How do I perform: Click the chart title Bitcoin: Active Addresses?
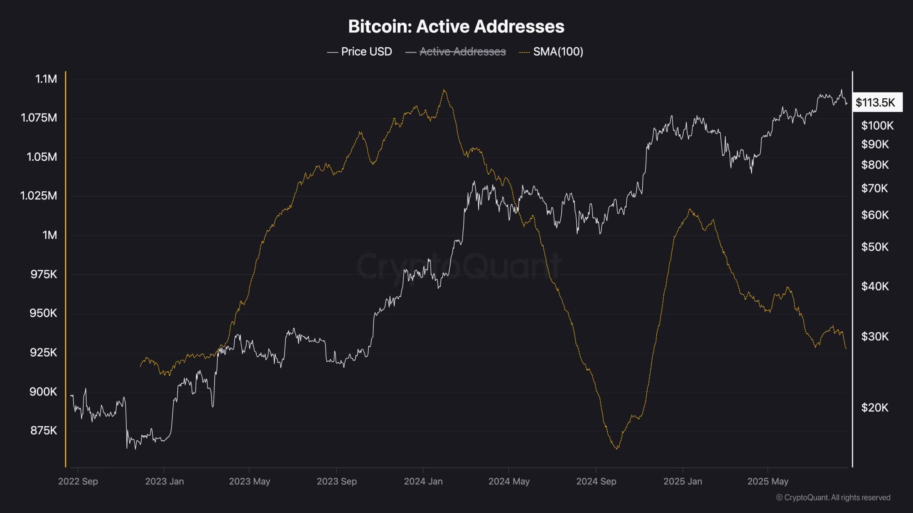456,26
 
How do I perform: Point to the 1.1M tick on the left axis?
46,79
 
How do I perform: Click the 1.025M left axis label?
39,196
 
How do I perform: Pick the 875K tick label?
44,430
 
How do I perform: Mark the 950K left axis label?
44,313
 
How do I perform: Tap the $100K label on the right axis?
877,125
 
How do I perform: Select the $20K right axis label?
874,408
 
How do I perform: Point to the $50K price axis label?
874,247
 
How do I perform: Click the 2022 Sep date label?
78,481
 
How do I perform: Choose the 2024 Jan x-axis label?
423,481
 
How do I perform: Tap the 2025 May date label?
767,481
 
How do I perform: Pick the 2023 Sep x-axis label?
337,481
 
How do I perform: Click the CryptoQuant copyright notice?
833,497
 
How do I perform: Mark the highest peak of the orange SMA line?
444,90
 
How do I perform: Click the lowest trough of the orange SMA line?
617,449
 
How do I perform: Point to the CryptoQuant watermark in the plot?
459,265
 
